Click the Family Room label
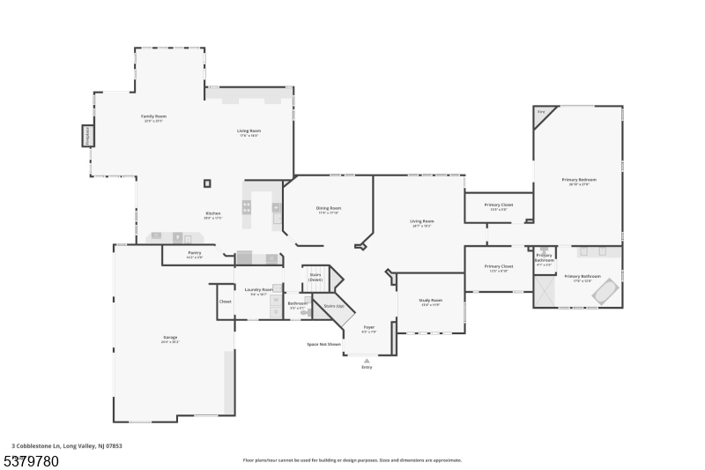(154, 116)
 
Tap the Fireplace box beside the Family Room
(87, 136)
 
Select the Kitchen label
(213, 213)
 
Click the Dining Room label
(328, 209)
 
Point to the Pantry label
(194, 253)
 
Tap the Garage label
(170, 338)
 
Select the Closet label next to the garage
(225, 302)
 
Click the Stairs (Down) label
(315, 277)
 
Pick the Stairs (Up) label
(334, 306)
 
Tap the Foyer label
(368, 327)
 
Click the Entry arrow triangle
(367, 360)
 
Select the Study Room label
(432, 301)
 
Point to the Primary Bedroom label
(578, 180)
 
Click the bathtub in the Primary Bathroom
(605, 291)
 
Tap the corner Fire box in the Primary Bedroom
(541, 113)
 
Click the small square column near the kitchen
(207, 183)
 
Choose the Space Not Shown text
(323, 344)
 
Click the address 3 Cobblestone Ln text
(66, 446)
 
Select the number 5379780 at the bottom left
(32, 460)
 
